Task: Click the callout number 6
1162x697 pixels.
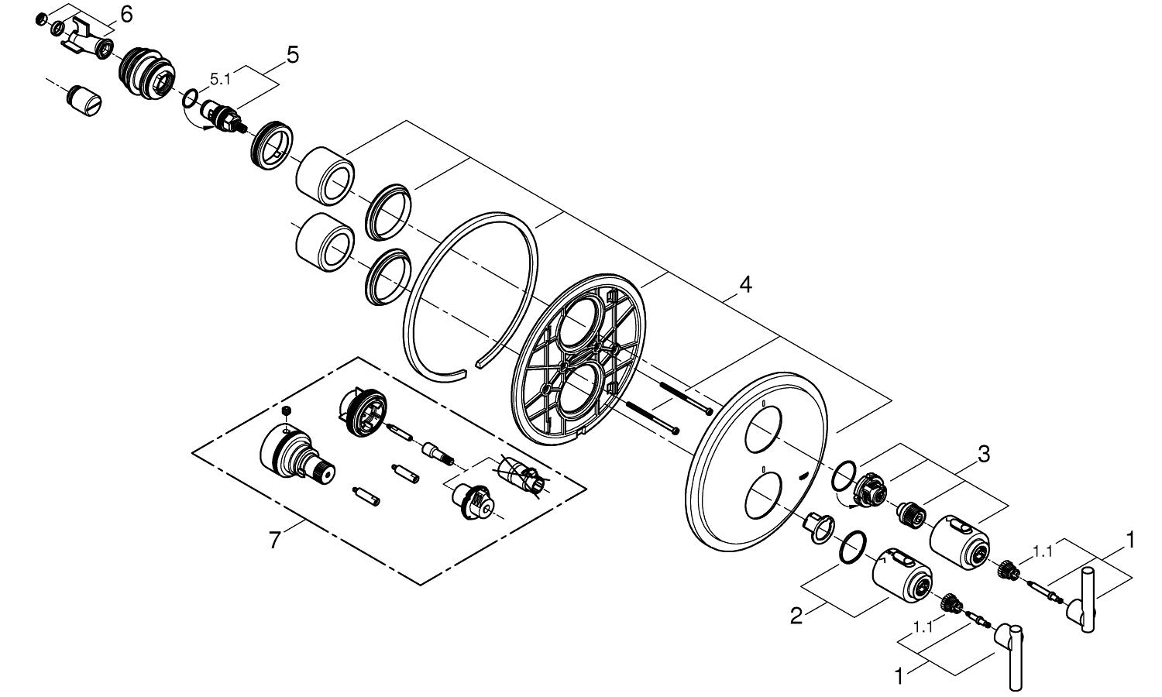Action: click(126, 14)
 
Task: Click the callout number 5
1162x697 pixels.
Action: click(291, 54)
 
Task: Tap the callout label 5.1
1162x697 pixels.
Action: click(220, 78)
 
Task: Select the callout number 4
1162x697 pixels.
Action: click(744, 284)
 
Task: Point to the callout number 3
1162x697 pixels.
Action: click(983, 455)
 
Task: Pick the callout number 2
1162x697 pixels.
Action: click(796, 616)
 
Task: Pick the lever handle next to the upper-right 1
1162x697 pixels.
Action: click(1086, 600)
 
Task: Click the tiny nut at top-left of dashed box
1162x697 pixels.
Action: click(288, 410)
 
